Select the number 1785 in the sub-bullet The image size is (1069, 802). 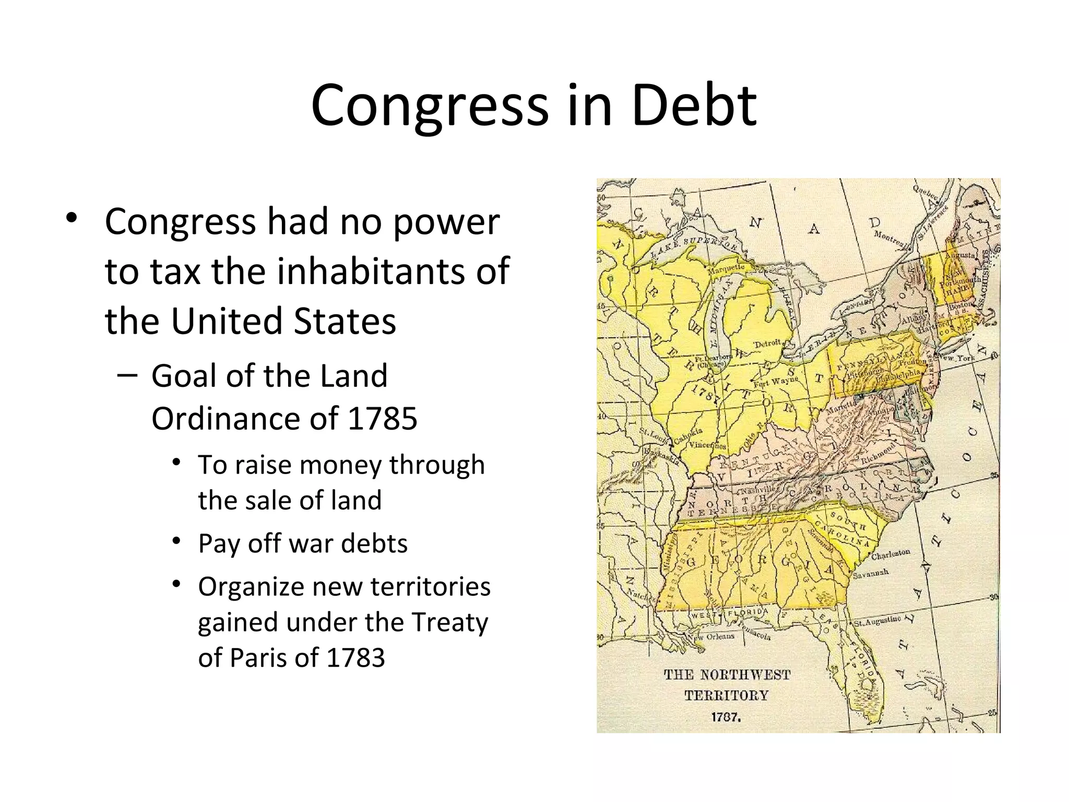[382, 418]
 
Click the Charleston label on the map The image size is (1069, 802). [890, 553]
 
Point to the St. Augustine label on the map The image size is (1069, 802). [877, 621]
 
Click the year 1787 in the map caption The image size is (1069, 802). [725, 717]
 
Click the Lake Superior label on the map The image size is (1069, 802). [694, 246]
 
